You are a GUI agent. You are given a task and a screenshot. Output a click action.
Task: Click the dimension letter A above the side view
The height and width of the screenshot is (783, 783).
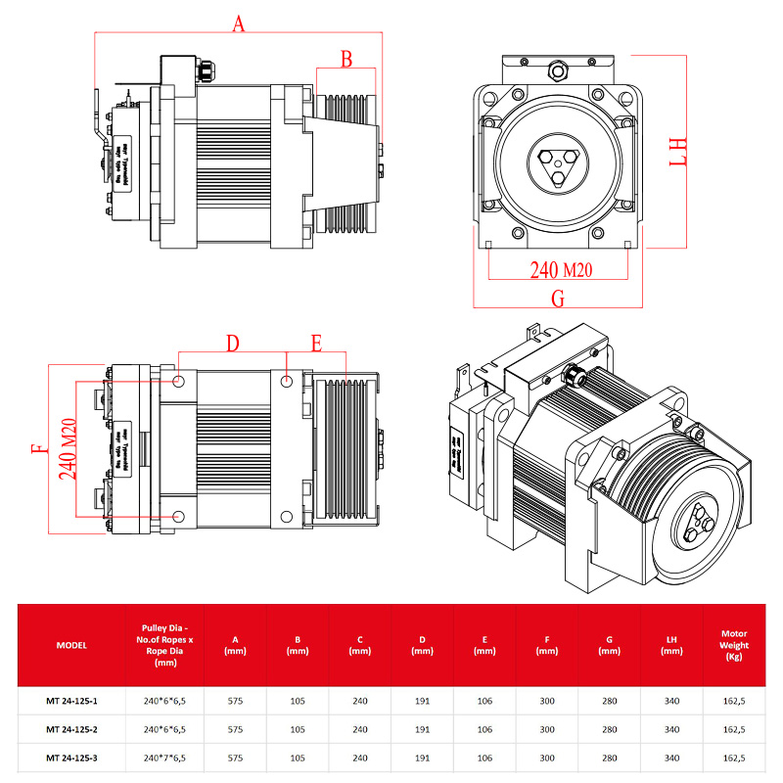238,23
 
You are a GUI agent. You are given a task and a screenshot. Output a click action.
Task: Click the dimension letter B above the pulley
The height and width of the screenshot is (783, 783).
345,59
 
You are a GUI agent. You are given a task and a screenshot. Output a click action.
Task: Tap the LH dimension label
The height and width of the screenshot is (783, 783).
678,153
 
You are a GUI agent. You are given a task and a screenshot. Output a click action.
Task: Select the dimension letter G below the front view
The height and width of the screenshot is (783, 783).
558,299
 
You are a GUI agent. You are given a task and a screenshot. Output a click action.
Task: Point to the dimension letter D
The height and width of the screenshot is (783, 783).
232,344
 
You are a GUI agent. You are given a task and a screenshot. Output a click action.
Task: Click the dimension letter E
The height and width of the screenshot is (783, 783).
316,344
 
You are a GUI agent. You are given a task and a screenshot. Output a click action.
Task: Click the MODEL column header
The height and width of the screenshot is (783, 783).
71,645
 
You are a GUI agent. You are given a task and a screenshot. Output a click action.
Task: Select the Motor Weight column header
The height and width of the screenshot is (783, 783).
734,645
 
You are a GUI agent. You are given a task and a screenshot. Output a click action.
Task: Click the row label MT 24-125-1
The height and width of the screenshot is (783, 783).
71,702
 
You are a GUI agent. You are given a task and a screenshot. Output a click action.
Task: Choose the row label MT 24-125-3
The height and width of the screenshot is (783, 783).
71,757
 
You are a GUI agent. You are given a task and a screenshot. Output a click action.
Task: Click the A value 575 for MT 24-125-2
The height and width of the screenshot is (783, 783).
235,729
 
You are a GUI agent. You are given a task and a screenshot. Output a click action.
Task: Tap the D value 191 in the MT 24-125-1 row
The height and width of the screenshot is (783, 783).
422,702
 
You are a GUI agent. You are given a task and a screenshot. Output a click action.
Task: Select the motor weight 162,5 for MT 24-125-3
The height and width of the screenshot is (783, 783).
734,757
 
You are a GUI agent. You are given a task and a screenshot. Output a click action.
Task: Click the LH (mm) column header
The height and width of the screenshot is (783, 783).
671,645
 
